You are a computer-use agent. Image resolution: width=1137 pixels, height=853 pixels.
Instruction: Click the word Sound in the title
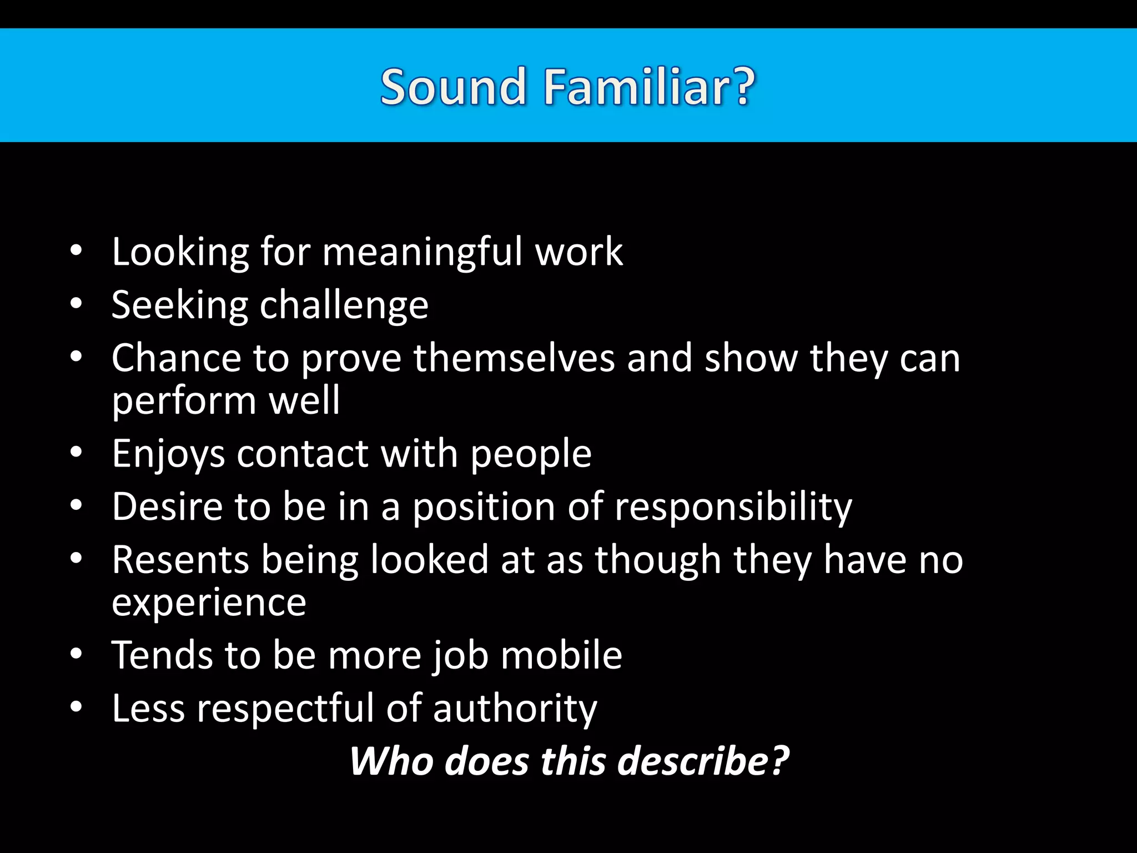click(x=452, y=87)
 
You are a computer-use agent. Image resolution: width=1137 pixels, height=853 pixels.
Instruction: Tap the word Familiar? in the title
click(x=649, y=87)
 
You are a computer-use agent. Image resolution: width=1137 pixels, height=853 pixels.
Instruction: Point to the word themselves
click(x=514, y=358)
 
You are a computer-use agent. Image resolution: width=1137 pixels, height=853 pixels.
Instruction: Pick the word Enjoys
click(x=168, y=454)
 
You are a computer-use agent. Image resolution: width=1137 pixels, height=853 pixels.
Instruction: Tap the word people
click(x=531, y=454)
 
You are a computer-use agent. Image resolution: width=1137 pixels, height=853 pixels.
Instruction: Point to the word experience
click(x=209, y=603)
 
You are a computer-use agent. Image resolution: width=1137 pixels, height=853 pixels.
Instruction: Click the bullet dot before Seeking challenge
click(x=76, y=304)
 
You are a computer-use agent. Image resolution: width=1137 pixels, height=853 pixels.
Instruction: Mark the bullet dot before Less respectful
click(x=76, y=707)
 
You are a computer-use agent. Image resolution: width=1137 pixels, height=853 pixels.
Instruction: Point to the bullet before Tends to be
click(x=76, y=654)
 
